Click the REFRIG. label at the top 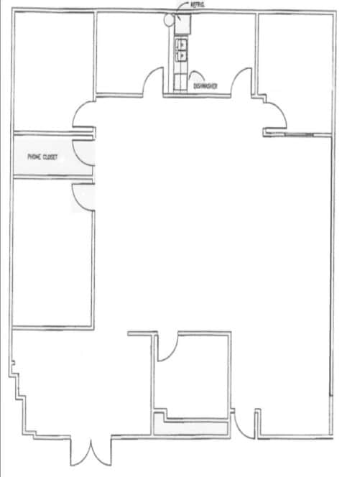coord(198,6)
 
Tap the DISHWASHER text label coord(206,86)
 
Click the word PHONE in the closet coord(34,156)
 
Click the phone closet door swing coord(85,152)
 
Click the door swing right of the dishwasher coord(241,80)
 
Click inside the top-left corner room coord(52,68)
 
